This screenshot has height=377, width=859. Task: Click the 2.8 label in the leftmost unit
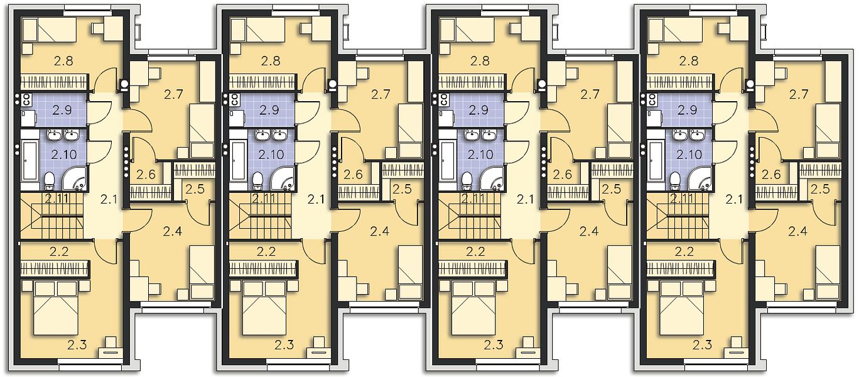click(63, 61)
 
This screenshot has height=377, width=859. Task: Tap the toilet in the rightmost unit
click(675, 180)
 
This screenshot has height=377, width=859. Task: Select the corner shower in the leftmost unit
click(75, 179)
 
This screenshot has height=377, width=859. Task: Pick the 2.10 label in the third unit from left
click(480, 155)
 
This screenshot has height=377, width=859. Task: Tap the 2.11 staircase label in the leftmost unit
click(57, 199)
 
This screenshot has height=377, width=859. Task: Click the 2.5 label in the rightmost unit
click(820, 189)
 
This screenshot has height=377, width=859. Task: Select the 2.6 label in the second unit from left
click(353, 175)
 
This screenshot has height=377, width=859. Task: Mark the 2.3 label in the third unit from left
click(493, 345)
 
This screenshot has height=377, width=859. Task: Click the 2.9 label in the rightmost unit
click(687, 110)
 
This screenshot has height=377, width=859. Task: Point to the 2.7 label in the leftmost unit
click(173, 94)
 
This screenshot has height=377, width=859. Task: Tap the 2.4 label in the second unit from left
click(380, 231)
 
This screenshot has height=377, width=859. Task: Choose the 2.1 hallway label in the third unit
click(525, 199)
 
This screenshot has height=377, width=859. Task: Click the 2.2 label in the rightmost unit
click(684, 251)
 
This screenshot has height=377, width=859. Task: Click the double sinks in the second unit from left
click(271, 135)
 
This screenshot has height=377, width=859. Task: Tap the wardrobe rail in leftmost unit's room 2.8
click(54, 82)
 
